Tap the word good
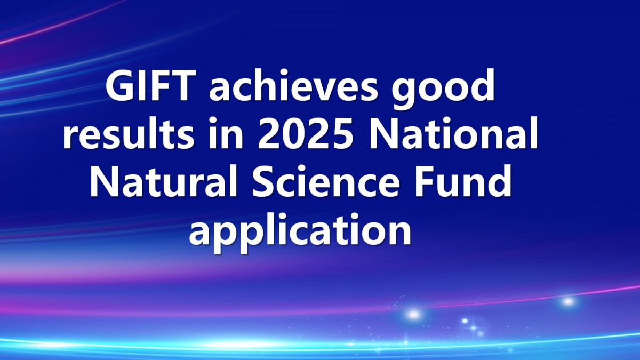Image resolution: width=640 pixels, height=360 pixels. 443,89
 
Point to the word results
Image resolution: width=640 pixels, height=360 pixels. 129,133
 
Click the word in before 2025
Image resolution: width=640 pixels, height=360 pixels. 226,133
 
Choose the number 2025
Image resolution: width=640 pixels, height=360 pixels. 305,133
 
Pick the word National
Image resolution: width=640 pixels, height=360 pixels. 454,133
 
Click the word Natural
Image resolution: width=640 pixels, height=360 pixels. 164,180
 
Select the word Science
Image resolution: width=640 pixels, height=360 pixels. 326,181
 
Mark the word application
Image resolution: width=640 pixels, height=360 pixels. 300,232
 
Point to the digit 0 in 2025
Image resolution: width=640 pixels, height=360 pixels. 293,133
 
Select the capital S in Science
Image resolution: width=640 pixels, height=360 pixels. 263,181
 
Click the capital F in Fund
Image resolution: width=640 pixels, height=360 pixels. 426,181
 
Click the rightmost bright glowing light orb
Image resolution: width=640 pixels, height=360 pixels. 568,301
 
